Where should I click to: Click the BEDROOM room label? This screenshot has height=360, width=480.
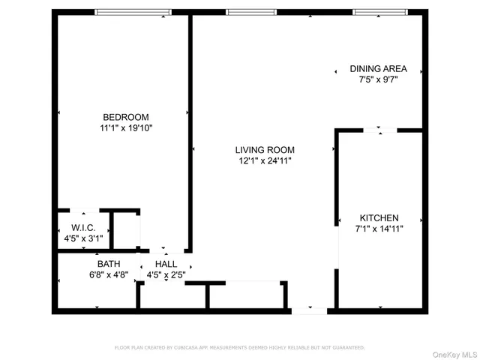[125, 117]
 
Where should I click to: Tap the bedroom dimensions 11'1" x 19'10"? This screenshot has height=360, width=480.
[125, 128]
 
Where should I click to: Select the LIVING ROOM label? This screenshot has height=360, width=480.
[265, 149]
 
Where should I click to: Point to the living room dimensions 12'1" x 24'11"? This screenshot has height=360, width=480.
[265, 160]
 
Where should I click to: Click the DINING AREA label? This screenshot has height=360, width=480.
[379, 68]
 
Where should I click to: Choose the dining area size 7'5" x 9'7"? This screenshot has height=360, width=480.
[379, 79]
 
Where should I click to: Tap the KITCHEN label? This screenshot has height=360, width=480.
[379, 217]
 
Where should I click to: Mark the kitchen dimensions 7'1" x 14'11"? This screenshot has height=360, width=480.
[379, 229]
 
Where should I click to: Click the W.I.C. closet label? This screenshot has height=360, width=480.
[82, 227]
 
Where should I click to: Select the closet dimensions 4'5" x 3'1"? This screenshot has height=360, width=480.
[82, 238]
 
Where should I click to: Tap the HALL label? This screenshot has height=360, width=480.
[166, 264]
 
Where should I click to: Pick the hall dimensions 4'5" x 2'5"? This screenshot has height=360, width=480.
[166, 275]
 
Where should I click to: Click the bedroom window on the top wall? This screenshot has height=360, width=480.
[132, 12]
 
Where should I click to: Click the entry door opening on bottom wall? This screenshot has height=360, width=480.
[308, 310]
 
